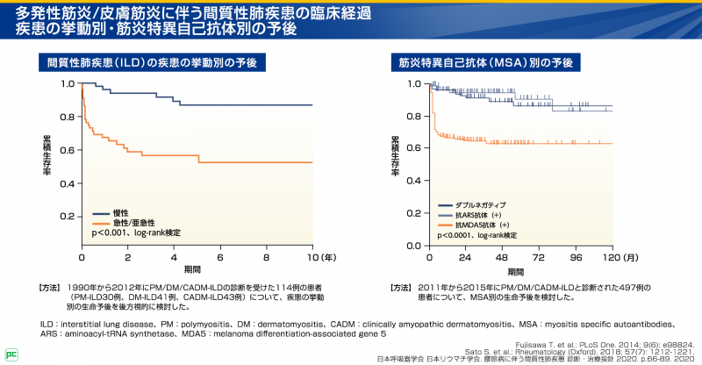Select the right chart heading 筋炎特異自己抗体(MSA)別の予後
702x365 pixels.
(x=485, y=63)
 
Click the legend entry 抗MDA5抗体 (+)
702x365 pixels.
(x=484, y=225)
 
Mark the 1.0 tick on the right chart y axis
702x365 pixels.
(x=416, y=84)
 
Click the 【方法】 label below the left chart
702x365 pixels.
(x=51, y=288)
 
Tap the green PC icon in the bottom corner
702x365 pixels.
(x=11, y=354)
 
